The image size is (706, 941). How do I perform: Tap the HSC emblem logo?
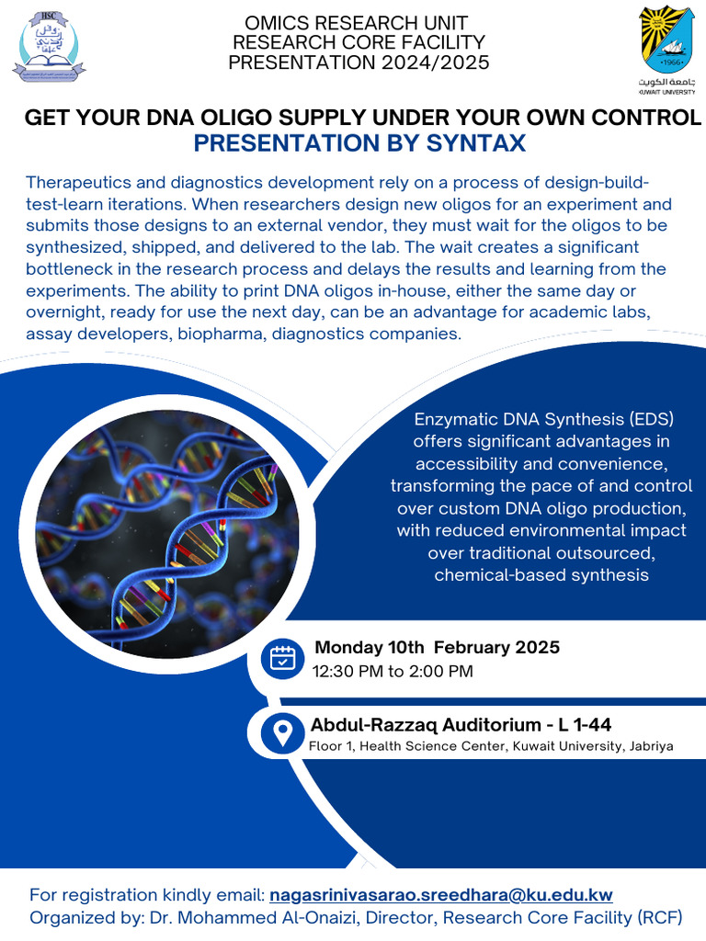tap(48, 44)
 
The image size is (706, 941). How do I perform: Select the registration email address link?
tap(441, 894)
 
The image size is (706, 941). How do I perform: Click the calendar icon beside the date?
tap(282, 658)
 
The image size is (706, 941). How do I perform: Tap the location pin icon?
tap(282, 732)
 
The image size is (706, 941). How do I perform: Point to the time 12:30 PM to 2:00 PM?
tap(393, 672)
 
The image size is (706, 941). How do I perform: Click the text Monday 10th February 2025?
tap(437, 648)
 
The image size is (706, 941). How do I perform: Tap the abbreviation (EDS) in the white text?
tap(652, 420)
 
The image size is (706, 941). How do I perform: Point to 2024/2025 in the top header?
tap(436, 62)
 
